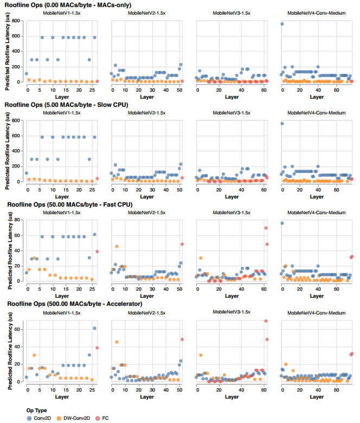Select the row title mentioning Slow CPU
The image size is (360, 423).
coord(66,105)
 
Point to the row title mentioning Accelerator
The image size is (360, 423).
coord(74,304)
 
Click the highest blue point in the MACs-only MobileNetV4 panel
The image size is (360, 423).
coord(282,24)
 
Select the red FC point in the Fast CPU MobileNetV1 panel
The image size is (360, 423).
coord(97,251)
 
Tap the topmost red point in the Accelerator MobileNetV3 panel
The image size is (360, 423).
coord(266,321)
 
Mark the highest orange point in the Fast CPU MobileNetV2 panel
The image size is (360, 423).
coord(117,247)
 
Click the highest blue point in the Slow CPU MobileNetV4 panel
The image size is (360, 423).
coord(282,124)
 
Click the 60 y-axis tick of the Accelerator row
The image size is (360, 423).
coord(18,329)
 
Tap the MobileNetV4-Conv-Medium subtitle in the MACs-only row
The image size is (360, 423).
coord(317,12)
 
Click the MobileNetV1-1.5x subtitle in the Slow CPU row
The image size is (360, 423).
coord(62,112)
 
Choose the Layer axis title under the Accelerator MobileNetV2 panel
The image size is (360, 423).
coord(146,397)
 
